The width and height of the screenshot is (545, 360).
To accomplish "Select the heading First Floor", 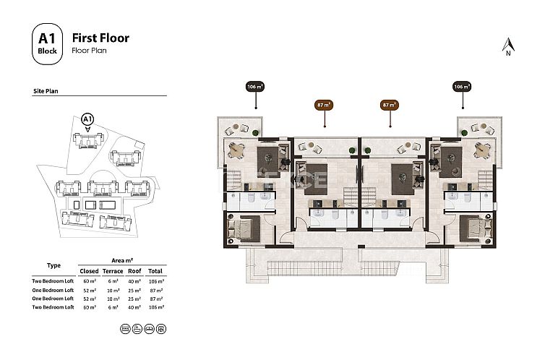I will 100,38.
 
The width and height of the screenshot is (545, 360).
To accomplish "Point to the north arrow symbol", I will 507,46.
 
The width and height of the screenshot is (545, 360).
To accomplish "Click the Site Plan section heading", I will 46,93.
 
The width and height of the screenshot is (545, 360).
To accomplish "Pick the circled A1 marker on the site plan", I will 87,119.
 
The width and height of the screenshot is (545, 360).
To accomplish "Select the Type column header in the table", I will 53,265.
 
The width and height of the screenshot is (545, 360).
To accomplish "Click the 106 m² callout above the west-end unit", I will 254,87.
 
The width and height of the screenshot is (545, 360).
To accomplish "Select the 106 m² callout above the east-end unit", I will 462,87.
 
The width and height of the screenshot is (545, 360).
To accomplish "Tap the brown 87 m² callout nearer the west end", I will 325,105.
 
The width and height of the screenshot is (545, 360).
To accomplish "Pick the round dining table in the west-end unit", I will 235,150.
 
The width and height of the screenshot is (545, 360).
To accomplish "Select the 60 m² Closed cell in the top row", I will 90,280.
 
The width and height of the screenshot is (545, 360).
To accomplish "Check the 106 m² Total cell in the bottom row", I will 155,307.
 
